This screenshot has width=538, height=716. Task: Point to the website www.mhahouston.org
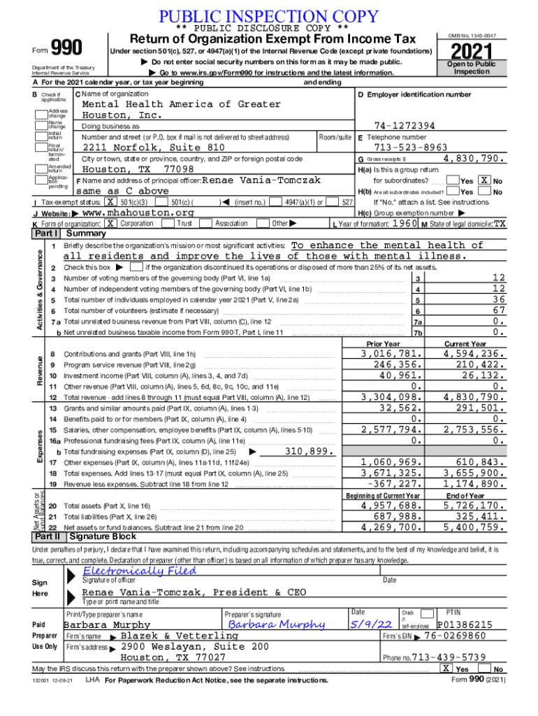coord(138,213)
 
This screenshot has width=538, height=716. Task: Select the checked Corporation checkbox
coord(110,223)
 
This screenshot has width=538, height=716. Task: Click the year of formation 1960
coord(405,223)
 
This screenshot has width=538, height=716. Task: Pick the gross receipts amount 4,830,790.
coord(474,159)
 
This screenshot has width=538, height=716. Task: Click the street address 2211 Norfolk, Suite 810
coord(154,148)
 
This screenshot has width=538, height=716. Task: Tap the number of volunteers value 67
coord(498,310)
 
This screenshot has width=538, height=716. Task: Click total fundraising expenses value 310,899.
coord(307,451)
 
